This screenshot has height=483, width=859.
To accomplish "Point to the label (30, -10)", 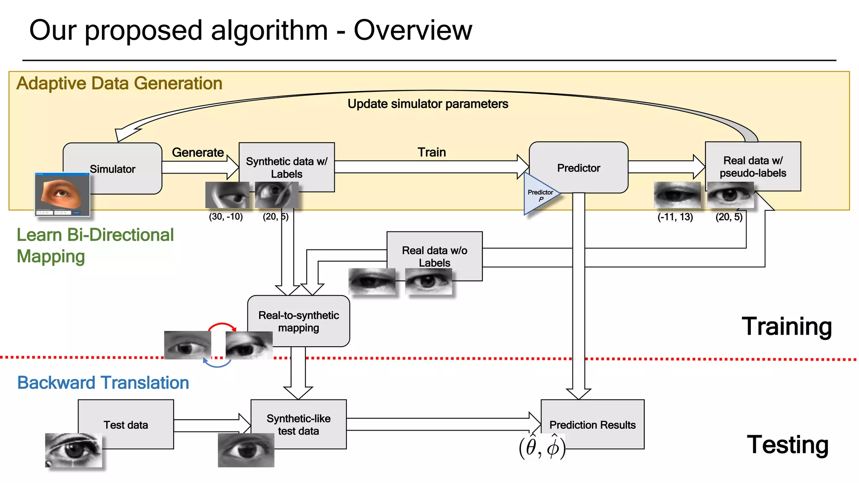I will click(x=226, y=217).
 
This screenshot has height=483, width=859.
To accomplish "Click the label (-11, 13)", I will click(x=675, y=217).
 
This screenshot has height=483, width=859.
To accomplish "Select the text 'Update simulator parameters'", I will click(x=427, y=104).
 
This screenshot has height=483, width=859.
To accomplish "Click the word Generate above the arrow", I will click(x=198, y=152).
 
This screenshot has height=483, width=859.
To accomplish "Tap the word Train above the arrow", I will click(x=432, y=152).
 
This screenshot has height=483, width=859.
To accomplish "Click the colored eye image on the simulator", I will click(x=62, y=193).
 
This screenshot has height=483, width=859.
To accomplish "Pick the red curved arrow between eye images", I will click(x=222, y=325).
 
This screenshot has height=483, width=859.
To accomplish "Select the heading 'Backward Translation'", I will click(x=103, y=382).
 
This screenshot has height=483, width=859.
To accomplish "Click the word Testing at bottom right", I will click(x=787, y=444).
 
